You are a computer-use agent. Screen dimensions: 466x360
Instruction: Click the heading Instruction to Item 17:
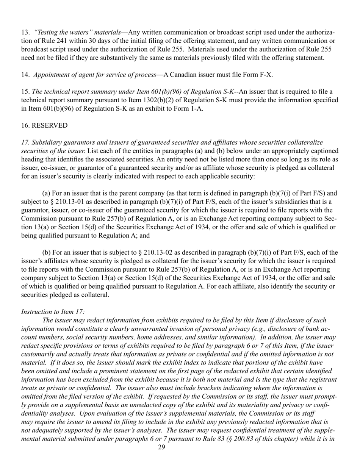[53, 311]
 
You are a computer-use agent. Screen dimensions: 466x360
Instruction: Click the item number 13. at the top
[25, 33]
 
